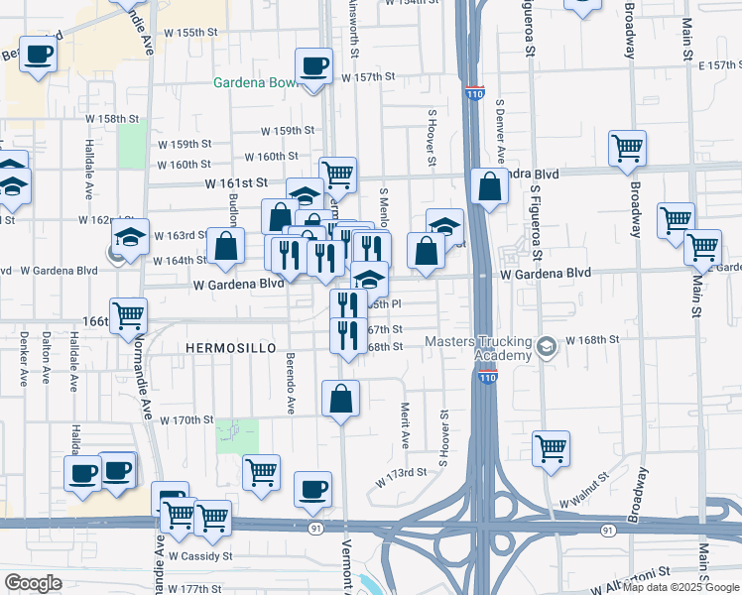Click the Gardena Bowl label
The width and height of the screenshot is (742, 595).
point(255,81)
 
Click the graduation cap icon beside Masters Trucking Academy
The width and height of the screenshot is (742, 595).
point(547,348)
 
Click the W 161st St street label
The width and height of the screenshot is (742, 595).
point(237,183)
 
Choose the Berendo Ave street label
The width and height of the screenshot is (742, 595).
point(291,383)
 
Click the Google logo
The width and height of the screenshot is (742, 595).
point(33,583)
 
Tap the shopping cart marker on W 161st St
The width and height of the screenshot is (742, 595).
point(337,176)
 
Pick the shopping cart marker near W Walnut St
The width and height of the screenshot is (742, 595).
point(551,448)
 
